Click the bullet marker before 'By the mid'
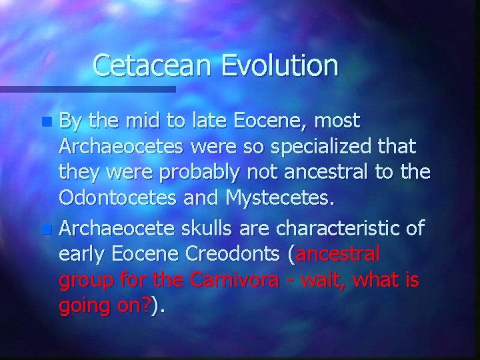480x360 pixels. [46, 122]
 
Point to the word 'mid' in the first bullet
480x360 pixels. [142, 121]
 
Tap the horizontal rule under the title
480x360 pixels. [87, 89]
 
